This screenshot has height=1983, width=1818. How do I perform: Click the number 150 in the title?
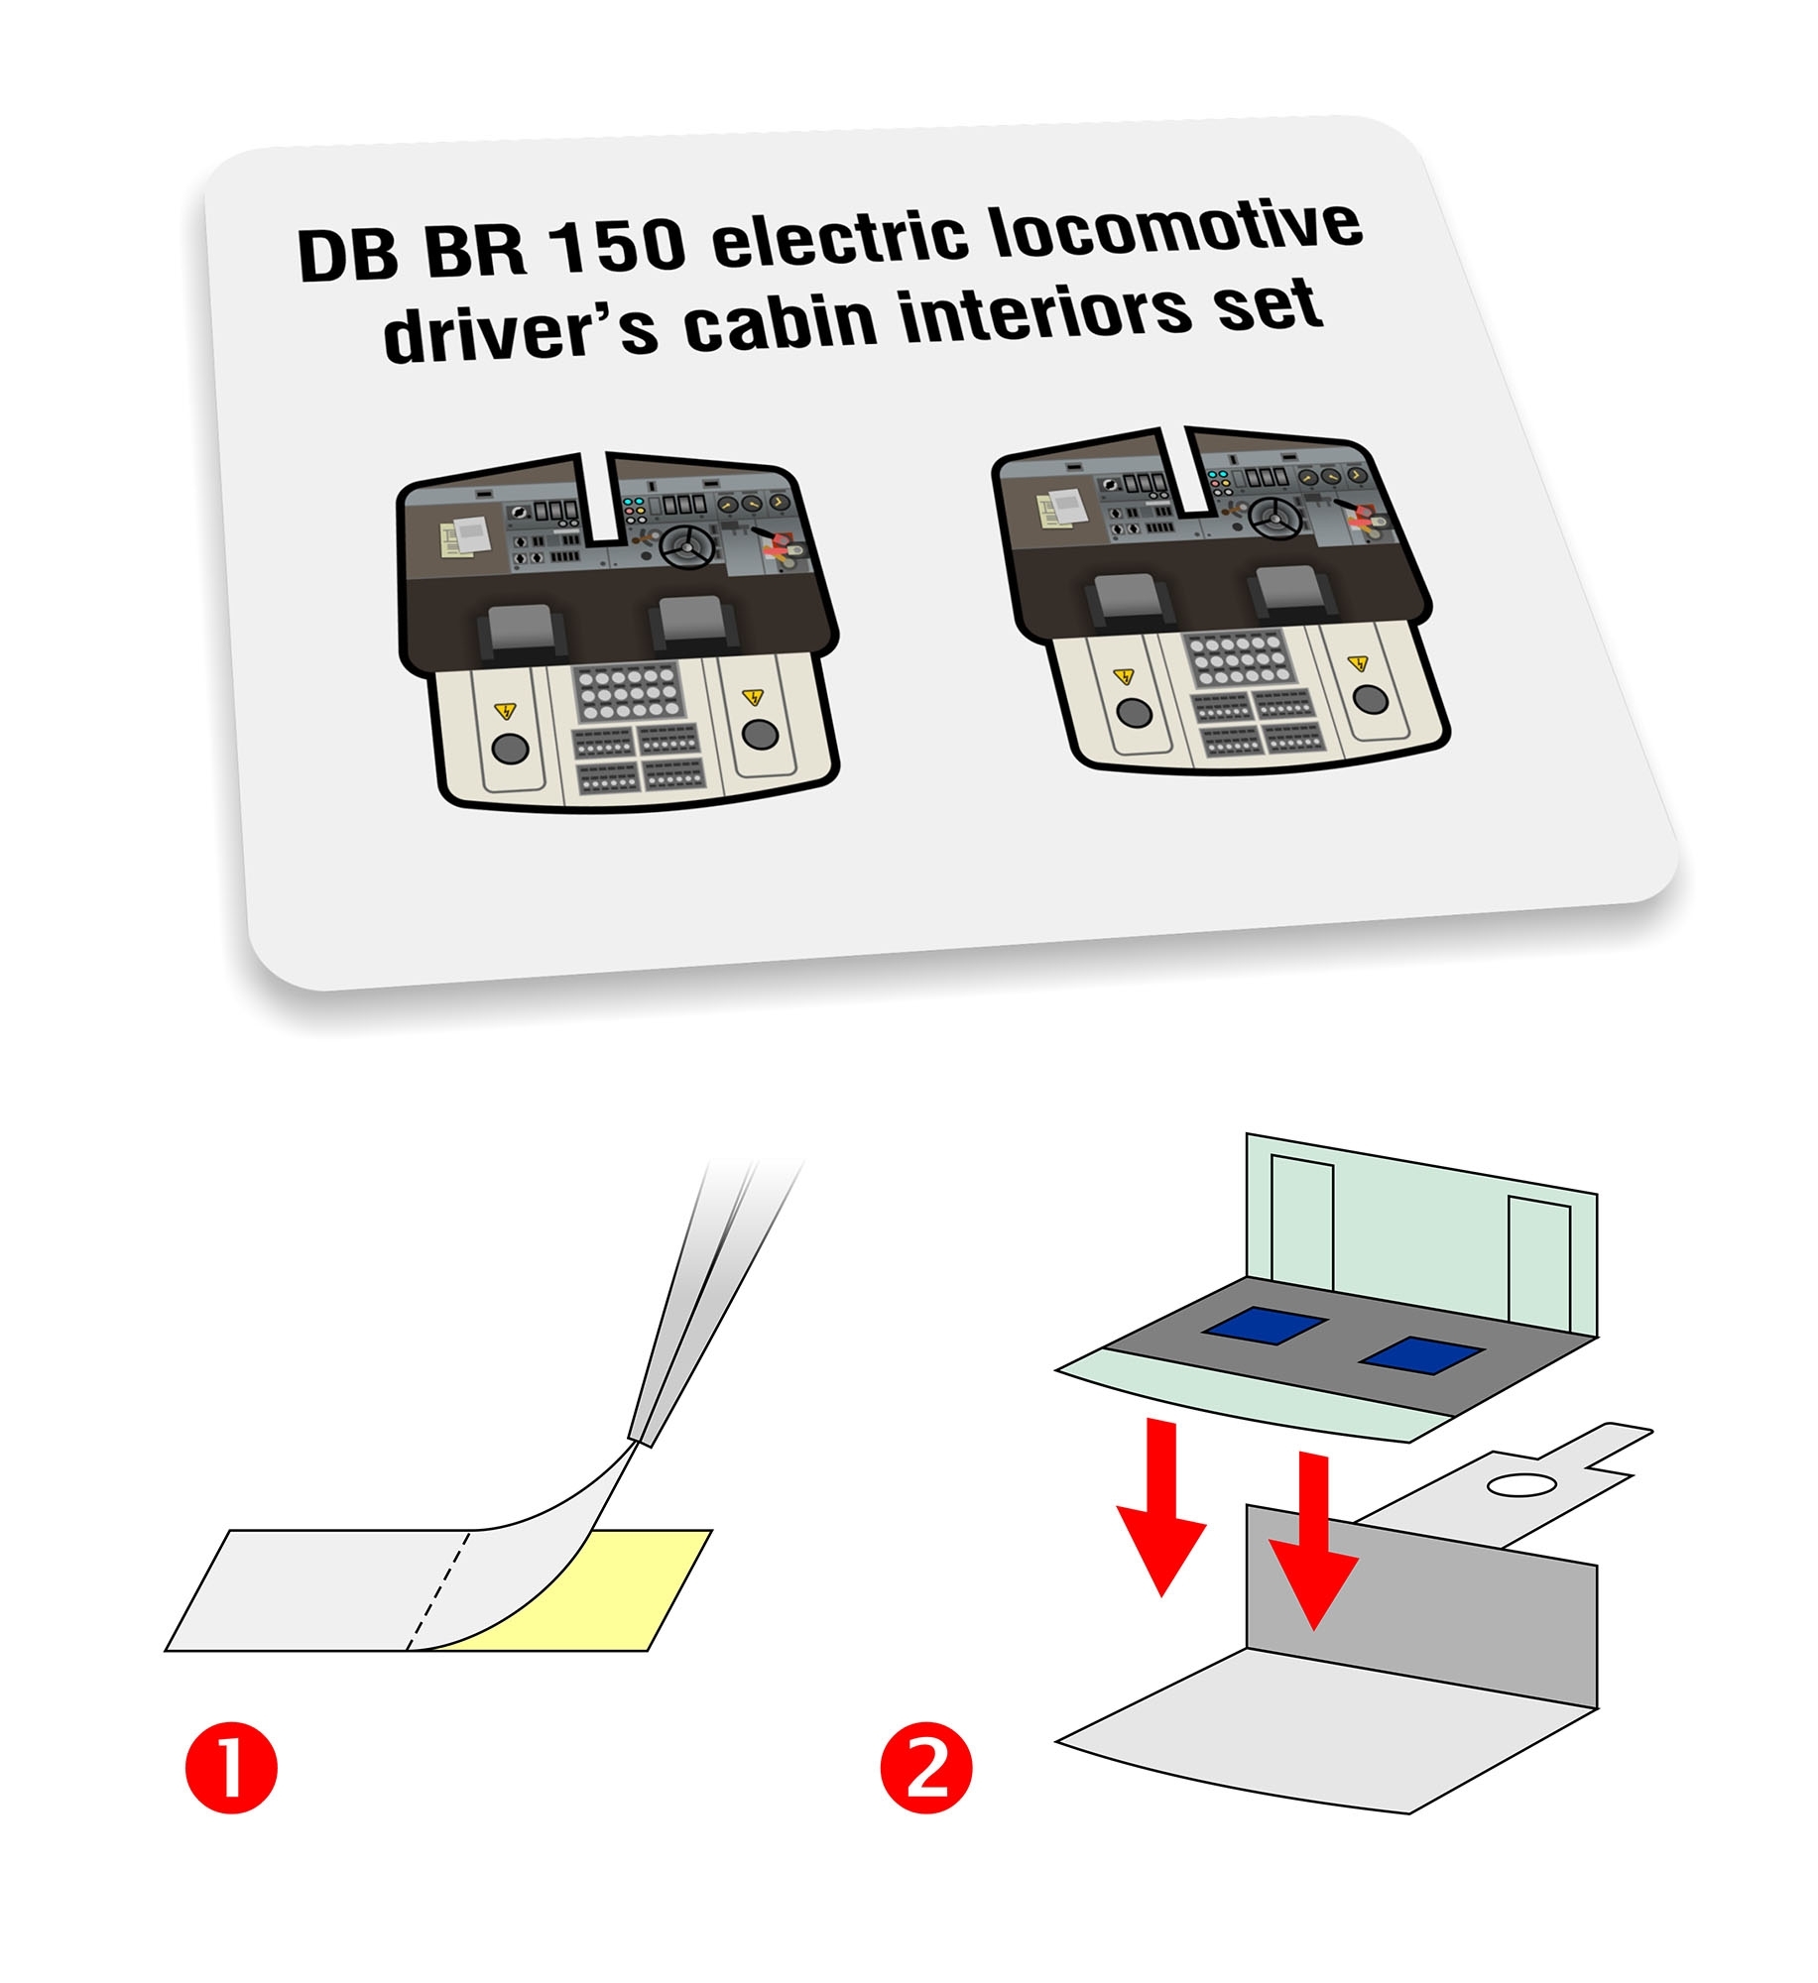pos(617,245)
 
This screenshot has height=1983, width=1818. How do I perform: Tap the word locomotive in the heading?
pos(1176,230)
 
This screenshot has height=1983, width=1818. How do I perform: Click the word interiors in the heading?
pos(1045,311)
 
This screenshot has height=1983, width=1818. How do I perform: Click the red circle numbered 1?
pos(231,1767)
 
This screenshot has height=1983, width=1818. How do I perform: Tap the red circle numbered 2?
pos(926,1767)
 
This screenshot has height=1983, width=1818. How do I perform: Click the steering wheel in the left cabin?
pos(687,546)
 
